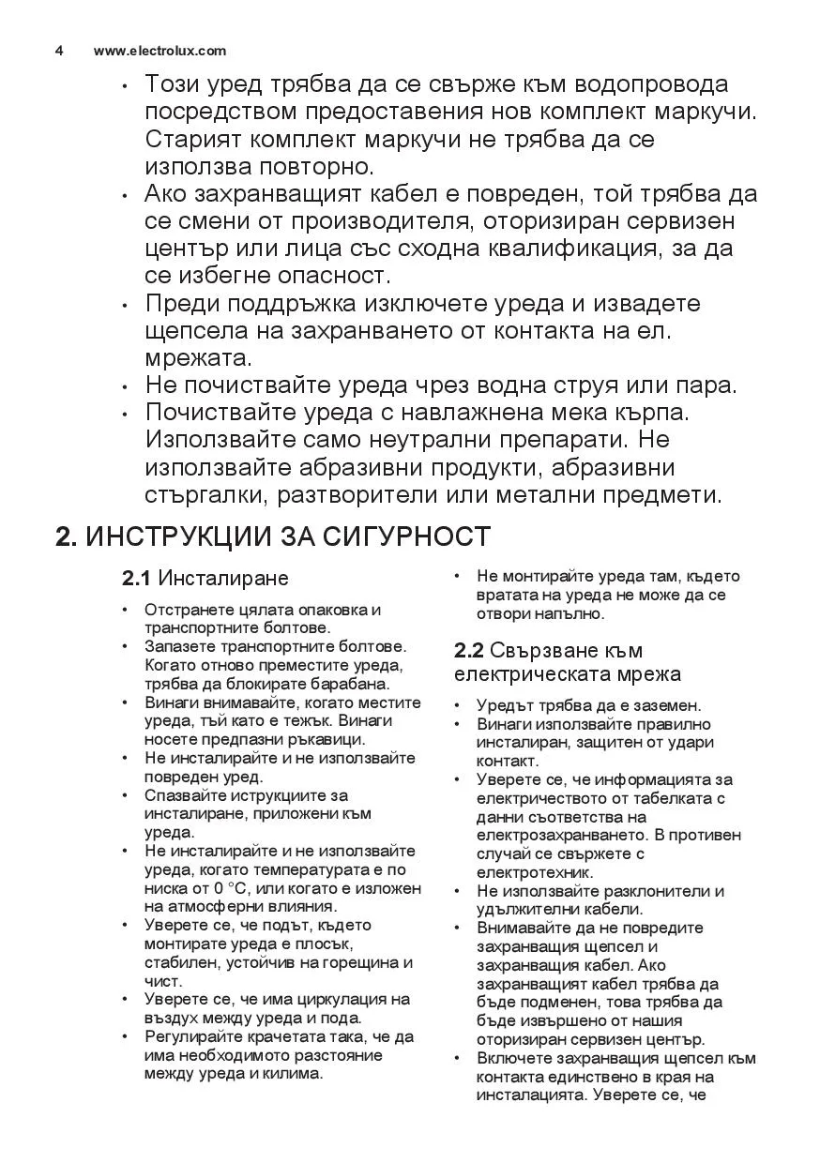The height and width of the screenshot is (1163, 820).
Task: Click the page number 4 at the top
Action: click(59, 51)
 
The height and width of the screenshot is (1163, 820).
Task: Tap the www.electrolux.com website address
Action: click(159, 51)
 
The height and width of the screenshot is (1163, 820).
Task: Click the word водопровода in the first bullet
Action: click(645, 84)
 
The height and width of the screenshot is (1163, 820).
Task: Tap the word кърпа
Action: click(645, 413)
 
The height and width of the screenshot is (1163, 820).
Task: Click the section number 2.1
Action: click(137, 577)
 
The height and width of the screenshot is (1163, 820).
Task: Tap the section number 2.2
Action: click(468, 651)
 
